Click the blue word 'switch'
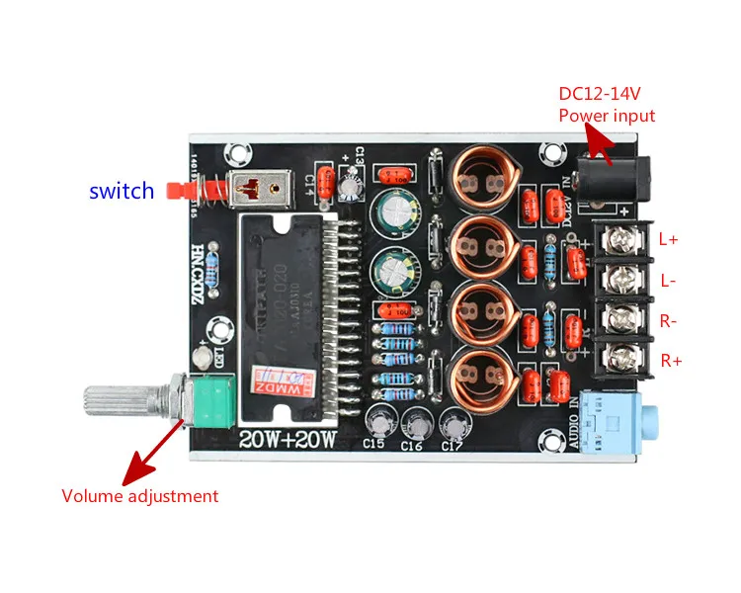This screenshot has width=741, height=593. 122,191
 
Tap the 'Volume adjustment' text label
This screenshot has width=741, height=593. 139,496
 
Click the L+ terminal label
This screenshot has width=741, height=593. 669,238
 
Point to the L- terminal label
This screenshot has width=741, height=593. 669,281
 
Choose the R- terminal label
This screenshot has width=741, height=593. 670,321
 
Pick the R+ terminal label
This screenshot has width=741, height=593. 671,361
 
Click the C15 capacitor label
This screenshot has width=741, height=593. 373,444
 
